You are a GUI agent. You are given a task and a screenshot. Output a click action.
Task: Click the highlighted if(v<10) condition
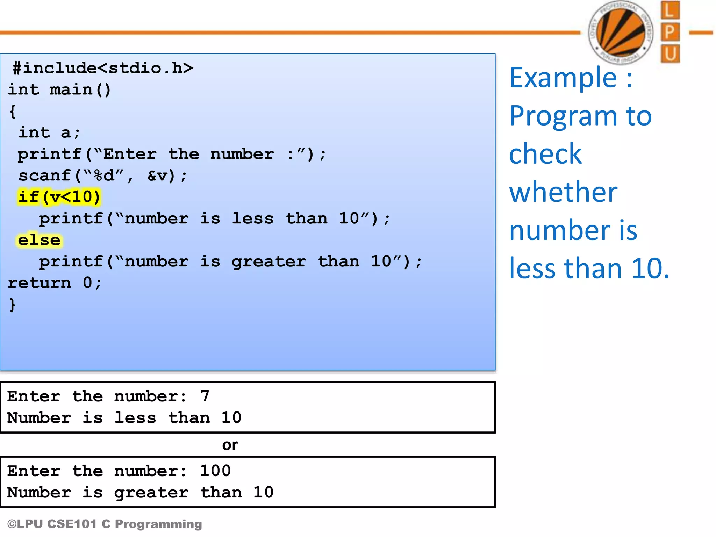pyautogui.click(x=59, y=197)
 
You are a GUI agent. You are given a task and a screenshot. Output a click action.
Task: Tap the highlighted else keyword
pyautogui.click(x=39, y=240)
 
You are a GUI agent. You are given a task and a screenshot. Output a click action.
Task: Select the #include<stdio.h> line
pyautogui.click(x=103, y=68)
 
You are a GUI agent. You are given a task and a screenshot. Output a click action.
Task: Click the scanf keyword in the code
pyautogui.click(x=45, y=176)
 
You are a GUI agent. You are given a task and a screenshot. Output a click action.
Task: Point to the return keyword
pyautogui.click(x=39, y=283)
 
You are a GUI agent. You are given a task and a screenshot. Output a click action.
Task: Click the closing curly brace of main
pyautogui.click(x=12, y=305)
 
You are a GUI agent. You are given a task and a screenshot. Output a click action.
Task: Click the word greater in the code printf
pyautogui.click(x=268, y=262)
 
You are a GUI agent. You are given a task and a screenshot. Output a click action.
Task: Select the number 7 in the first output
pyautogui.click(x=205, y=396)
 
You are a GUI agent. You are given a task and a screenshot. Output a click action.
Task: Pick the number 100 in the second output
pyautogui.click(x=215, y=471)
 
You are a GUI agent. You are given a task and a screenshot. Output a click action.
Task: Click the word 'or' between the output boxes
pyautogui.click(x=230, y=445)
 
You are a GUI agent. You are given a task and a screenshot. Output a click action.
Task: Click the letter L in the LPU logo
pyautogui.click(x=670, y=10)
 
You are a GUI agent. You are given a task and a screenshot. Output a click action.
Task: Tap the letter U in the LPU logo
pyautogui.click(x=670, y=54)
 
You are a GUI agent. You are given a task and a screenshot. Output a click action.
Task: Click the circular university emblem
pyautogui.click(x=621, y=33)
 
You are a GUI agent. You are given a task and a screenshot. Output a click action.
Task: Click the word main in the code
pyautogui.click(x=71, y=89)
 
